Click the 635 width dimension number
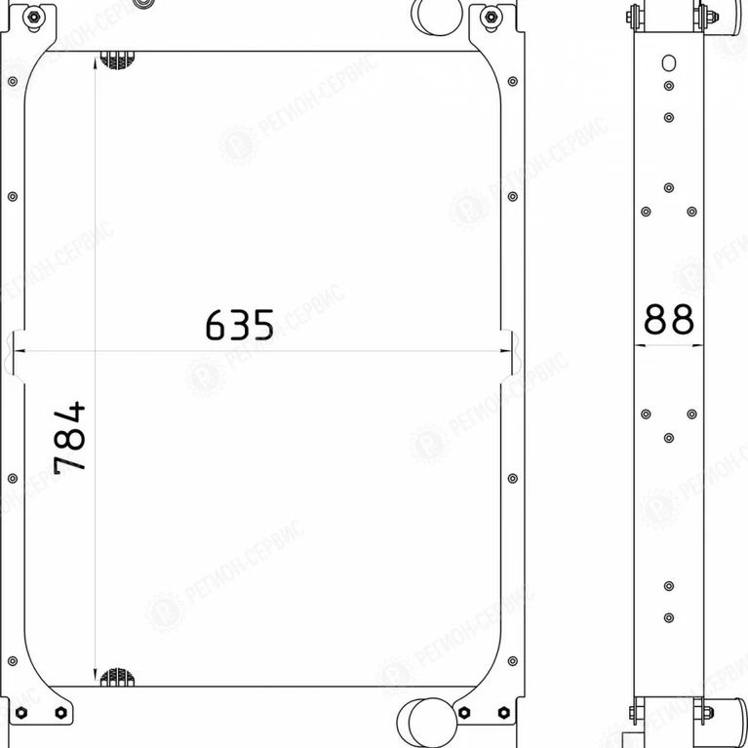(x=240, y=325)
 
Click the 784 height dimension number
(x=69, y=439)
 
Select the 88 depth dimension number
(x=669, y=319)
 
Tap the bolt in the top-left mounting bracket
(x=34, y=18)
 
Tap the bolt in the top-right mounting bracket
(x=491, y=18)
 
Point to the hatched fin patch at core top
(x=117, y=60)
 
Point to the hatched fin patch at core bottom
(x=117, y=678)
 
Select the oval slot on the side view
(x=669, y=63)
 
